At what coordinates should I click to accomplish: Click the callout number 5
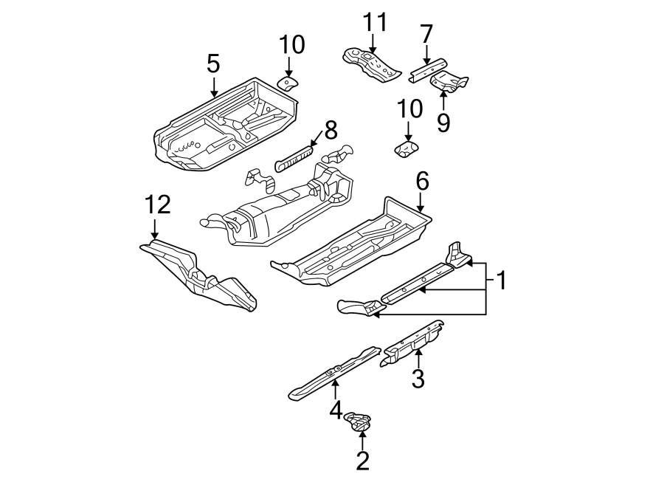tap(213, 64)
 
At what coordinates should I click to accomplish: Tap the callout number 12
tap(157, 205)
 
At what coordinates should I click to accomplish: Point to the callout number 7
tap(426, 34)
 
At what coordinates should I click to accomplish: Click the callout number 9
tap(443, 122)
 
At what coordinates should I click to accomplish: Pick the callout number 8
tap(330, 131)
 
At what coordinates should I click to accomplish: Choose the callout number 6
tap(421, 180)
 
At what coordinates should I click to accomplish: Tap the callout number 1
tap(501, 281)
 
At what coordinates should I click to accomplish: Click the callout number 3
tap(418, 379)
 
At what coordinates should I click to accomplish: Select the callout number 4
tap(335, 410)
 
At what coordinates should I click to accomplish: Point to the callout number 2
tap(362, 461)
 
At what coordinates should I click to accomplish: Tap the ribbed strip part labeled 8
tap(294, 157)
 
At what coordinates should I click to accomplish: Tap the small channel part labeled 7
tap(429, 69)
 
